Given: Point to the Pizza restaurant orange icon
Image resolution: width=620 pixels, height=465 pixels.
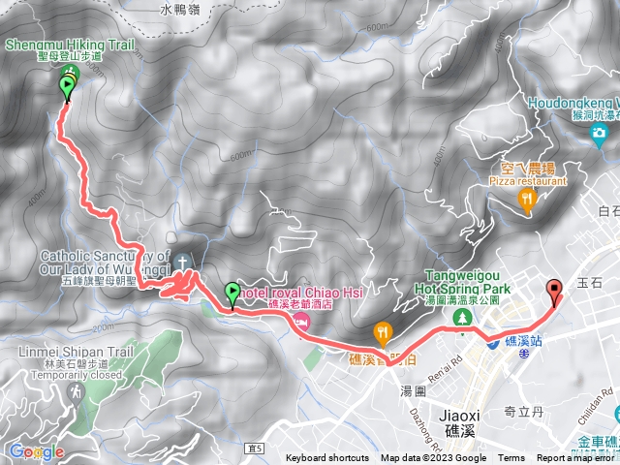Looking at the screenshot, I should pos(527,201).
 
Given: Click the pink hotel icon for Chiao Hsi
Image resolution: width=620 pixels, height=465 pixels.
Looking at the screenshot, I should pos(302,321).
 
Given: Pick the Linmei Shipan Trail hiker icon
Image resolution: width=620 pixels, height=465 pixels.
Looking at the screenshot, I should pos(76,392).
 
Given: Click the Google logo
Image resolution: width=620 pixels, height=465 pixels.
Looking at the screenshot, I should pos(36,451).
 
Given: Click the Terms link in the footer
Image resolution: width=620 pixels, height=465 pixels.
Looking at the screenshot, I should pos(511,458).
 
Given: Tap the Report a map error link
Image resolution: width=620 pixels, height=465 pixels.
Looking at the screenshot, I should pos(575,458).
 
